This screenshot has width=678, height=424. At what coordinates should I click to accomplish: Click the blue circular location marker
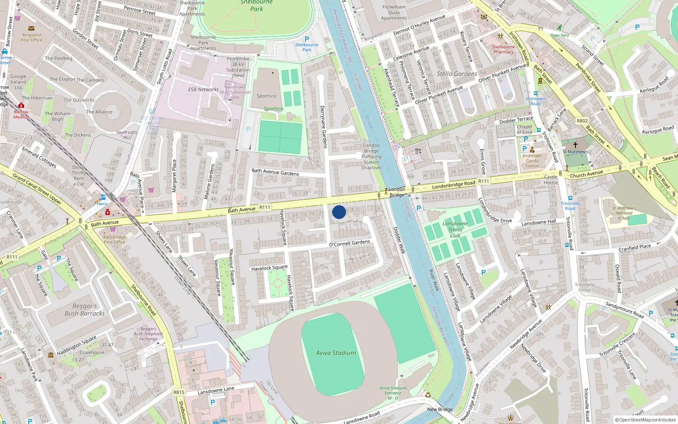[x=339, y=212]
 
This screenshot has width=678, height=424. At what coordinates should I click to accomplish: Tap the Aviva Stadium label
[x=336, y=353]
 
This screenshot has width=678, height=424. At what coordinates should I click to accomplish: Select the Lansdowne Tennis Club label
[x=455, y=229]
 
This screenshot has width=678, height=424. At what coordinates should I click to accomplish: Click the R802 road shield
[x=582, y=121]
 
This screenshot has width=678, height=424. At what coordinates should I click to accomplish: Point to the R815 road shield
[x=179, y=392]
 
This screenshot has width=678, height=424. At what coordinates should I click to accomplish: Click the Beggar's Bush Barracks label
[x=85, y=310]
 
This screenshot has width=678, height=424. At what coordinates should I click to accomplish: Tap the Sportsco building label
[x=266, y=96]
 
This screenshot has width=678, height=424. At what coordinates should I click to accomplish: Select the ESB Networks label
[x=203, y=89]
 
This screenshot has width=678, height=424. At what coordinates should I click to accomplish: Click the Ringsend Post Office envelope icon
[x=31, y=28]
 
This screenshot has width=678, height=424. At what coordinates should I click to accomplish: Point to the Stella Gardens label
[x=457, y=74]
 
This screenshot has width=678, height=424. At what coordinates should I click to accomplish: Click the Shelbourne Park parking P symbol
[x=307, y=39]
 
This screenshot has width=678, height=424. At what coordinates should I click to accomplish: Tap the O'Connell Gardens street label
[x=350, y=243]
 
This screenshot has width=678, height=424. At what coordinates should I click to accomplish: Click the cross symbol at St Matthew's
[x=575, y=145]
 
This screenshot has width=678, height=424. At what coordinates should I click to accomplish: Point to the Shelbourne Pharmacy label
[x=503, y=49]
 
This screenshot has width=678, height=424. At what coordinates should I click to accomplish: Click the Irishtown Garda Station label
[x=532, y=161]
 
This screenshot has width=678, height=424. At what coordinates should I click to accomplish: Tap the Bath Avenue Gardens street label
[x=275, y=172]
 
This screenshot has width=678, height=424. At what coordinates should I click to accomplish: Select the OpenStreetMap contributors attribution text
[x=645, y=420]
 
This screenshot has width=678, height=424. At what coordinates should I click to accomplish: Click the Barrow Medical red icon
[x=21, y=106]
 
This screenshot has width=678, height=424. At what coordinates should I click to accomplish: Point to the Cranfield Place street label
[x=634, y=248]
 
